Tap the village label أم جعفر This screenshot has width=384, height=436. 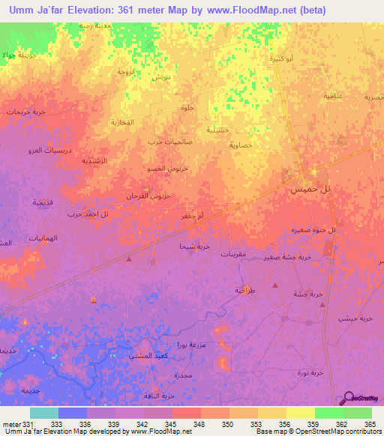(190, 215)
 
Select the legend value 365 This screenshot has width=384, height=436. (369, 424)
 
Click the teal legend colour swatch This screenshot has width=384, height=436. (43, 413)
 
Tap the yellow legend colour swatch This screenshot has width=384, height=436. (300, 413)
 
